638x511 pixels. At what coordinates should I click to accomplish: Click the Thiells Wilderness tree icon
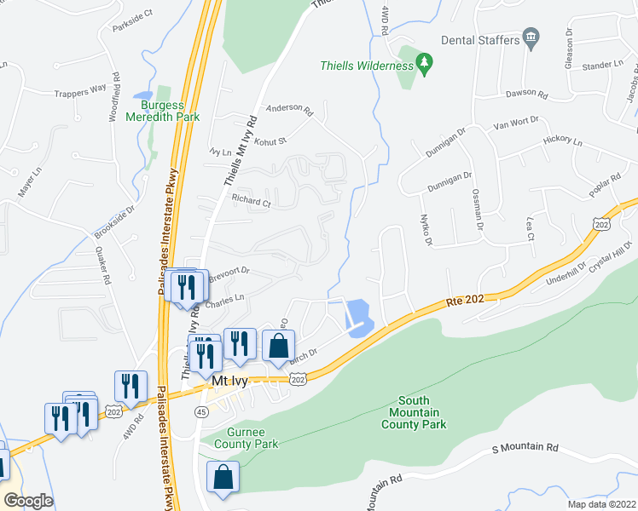click(424, 64)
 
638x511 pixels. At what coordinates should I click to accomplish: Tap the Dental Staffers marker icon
click(531, 38)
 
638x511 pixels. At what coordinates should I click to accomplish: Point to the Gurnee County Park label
click(246, 439)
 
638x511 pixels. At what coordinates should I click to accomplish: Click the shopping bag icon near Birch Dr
click(278, 347)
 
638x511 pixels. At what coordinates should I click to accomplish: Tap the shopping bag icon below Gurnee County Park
click(223, 479)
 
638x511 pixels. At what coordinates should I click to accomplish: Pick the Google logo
click(27, 500)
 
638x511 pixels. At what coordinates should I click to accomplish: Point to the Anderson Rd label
click(290, 108)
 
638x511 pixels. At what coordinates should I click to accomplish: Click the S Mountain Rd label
click(525, 447)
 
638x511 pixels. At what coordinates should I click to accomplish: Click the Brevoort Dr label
click(229, 272)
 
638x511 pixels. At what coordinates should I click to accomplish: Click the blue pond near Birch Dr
click(357, 317)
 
